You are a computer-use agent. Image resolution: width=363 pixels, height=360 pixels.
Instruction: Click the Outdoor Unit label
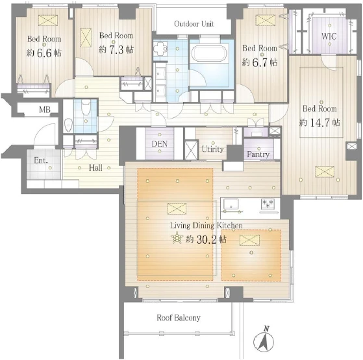click(x=194, y=24)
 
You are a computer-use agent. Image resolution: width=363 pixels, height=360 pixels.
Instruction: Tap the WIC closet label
click(x=329, y=36)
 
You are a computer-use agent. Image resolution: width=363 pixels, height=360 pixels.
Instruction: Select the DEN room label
click(x=160, y=144)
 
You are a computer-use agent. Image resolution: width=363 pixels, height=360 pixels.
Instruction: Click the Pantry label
click(x=258, y=154)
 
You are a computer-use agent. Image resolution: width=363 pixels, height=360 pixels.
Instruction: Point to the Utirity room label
click(x=212, y=149)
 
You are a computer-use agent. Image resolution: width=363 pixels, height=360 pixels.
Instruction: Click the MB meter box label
click(x=45, y=110)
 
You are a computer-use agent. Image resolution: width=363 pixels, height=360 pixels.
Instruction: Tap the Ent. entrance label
click(x=41, y=160)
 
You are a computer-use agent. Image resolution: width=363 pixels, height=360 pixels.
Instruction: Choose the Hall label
click(x=95, y=167)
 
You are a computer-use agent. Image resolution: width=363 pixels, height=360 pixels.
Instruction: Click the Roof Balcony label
click(x=179, y=318)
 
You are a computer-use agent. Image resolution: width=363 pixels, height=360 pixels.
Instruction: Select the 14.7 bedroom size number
click(x=320, y=123)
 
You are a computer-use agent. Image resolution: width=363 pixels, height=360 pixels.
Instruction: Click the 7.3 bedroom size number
click(x=117, y=50)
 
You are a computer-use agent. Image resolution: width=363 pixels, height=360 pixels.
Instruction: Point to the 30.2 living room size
click(x=207, y=240)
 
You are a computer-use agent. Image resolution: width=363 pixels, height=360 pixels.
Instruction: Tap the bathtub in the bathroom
click(x=210, y=54)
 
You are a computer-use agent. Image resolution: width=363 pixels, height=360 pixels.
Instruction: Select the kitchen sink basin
click(x=231, y=204)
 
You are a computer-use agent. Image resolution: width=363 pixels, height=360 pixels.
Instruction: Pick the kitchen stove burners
click(x=268, y=204)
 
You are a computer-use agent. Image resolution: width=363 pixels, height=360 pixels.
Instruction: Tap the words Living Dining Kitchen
click(x=207, y=226)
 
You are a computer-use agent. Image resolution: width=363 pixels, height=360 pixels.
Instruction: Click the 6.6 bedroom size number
click(x=44, y=53)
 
